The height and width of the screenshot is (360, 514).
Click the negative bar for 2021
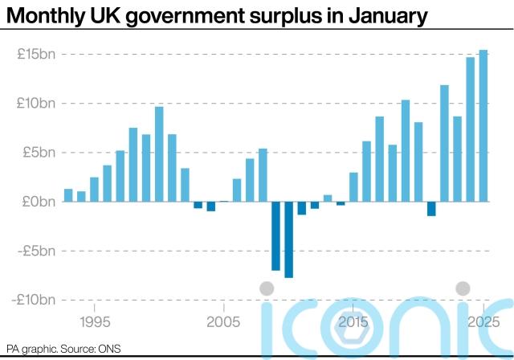pyautogui.click(x=431, y=209)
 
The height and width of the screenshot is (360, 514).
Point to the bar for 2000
pyautogui.click(x=159, y=153)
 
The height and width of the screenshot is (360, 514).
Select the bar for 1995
pyautogui.click(x=94, y=190)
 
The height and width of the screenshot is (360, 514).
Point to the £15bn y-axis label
pyautogui.click(x=38, y=54)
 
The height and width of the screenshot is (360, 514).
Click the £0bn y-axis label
pyautogui.click(x=40, y=202)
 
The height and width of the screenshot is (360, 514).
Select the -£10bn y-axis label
pyautogui.click(x=36, y=300)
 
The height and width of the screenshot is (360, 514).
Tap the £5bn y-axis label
pyautogui.click(x=40, y=153)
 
